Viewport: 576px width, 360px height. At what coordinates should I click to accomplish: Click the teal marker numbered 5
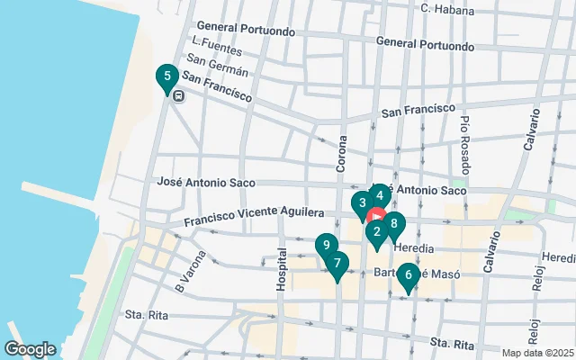click(166, 78)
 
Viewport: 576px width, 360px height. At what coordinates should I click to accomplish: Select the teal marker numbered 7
click(337, 265)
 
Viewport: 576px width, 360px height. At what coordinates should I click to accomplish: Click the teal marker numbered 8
click(394, 225)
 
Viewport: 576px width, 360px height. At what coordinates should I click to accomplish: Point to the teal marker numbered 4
click(380, 195)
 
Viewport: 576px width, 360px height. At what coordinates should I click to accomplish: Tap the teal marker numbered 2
click(376, 233)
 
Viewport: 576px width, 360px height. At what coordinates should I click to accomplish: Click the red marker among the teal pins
click(376, 218)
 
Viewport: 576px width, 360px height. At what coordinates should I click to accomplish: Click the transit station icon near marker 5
click(179, 96)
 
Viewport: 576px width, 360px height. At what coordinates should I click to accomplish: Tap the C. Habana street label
click(447, 9)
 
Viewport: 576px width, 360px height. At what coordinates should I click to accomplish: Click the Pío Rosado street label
click(465, 134)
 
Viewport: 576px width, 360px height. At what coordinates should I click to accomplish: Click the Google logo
click(30, 349)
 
